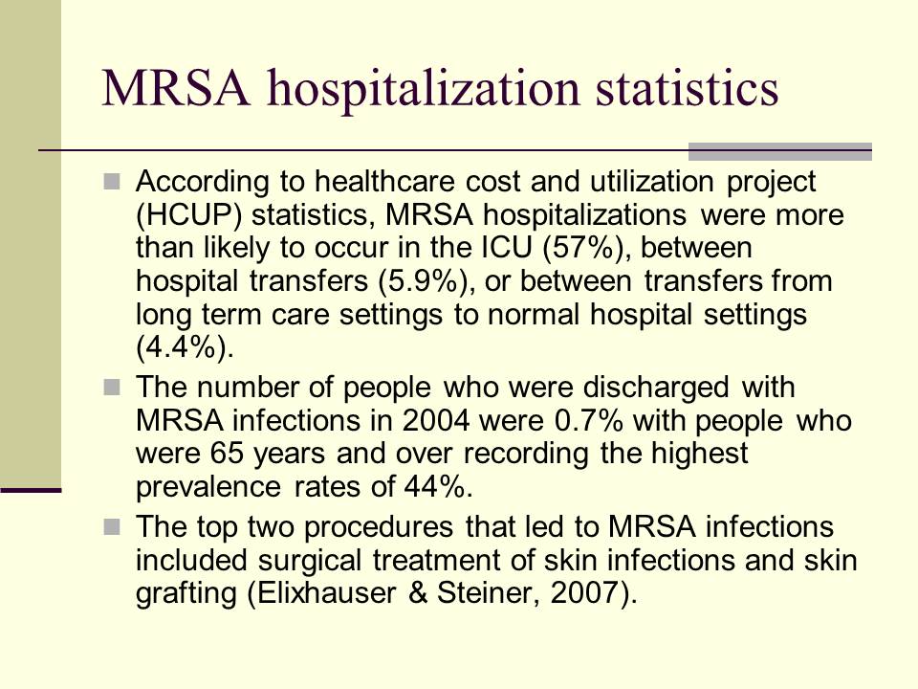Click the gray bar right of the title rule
pos(780,150)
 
